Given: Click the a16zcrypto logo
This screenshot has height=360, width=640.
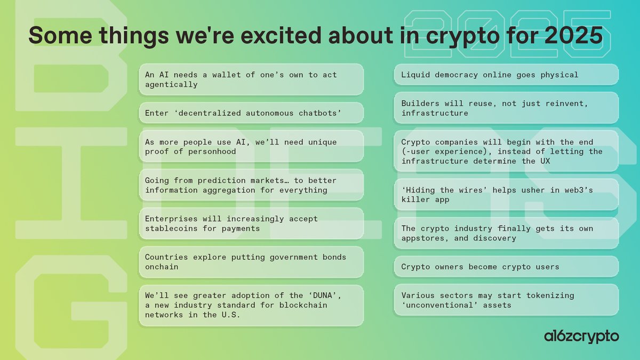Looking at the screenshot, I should [581, 336].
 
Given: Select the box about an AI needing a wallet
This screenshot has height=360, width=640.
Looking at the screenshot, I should [251, 79].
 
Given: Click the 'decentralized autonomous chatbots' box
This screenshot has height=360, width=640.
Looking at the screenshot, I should [251, 113].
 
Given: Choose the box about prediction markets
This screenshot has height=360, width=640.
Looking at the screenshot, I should [251, 185].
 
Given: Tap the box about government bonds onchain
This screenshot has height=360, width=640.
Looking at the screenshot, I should [251, 262].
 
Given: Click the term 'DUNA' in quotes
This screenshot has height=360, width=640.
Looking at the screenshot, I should [306, 295].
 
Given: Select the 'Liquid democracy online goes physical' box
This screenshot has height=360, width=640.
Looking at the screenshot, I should [506, 75].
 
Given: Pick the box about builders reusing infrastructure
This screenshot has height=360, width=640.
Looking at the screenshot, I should [506, 108].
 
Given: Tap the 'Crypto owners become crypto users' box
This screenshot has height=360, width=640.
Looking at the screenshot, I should [506, 267].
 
